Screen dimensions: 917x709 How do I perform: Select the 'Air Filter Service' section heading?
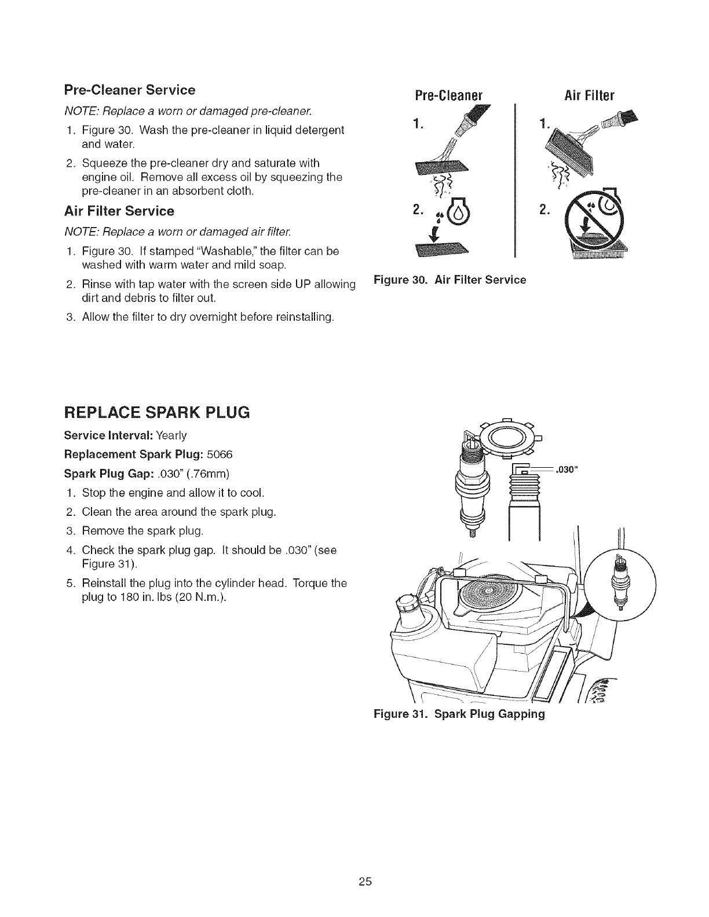coord(119,211)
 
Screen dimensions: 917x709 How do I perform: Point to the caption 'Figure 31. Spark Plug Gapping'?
coord(459,714)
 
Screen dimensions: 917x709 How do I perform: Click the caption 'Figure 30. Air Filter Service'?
coord(450,280)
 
